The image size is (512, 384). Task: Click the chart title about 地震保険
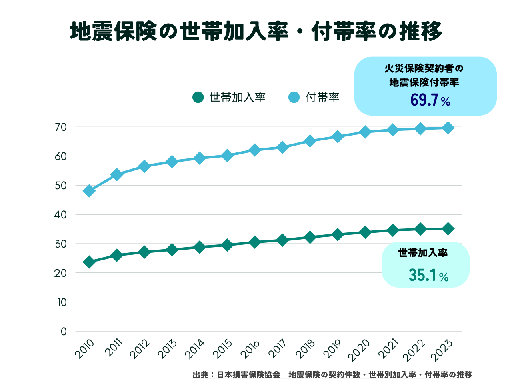(x=256, y=31)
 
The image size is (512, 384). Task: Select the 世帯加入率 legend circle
(x=198, y=97)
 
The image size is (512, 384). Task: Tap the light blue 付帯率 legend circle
(x=294, y=97)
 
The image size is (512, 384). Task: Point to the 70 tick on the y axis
(x=61, y=127)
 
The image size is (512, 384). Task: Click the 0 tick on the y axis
(x=64, y=331)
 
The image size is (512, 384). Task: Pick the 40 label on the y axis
(x=60, y=215)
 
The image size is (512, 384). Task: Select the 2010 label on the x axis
(x=85, y=348)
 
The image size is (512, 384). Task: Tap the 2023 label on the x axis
(x=443, y=349)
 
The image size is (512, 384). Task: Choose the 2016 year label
(x=250, y=349)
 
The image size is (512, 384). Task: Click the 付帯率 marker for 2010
(x=89, y=191)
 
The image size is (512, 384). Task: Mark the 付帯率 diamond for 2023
(x=448, y=128)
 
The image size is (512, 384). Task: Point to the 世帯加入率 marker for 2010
(x=89, y=262)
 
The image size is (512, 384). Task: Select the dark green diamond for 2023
(x=448, y=229)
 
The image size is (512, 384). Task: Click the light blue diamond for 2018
(x=310, y=141)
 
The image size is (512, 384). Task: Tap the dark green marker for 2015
(x=227, y=245)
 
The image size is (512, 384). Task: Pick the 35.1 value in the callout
(x=423, y=275)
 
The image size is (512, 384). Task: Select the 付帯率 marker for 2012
(x=144, y=166)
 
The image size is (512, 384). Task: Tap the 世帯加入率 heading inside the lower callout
(x=423, y=253)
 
